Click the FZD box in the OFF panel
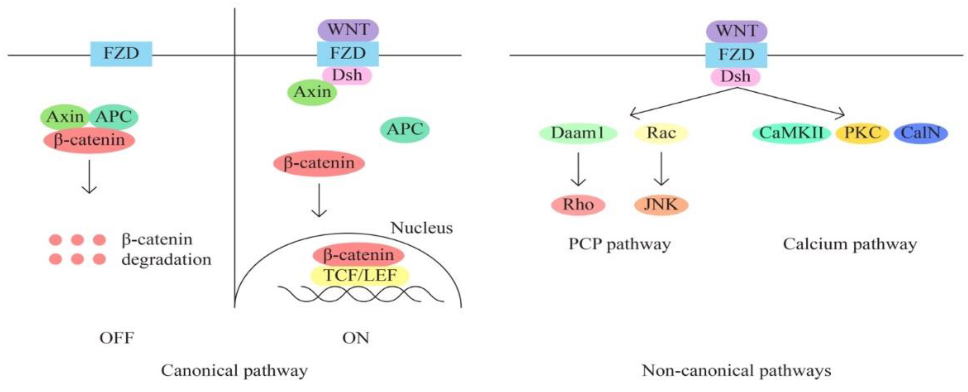121,54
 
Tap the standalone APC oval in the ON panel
405,130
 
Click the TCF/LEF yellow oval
360,276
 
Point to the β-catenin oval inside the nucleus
358,255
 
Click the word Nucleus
421,228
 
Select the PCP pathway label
619,244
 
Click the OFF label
116,338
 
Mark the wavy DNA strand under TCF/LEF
361,295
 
